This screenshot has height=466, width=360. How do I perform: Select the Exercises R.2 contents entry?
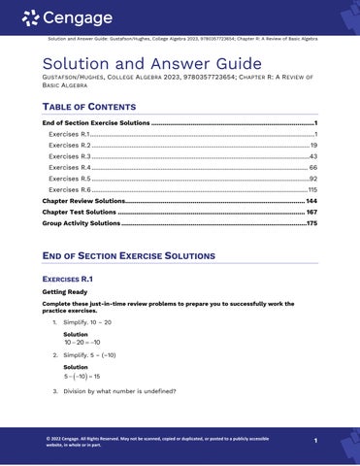click(x=69, y=144)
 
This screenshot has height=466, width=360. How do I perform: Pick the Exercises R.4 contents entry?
click(x=69, y=167)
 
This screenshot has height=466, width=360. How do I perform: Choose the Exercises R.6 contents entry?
click(x=69, y=190)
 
